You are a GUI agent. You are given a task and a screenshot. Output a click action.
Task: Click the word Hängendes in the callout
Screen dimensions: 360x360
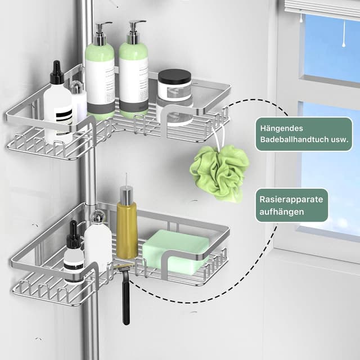point(281,128)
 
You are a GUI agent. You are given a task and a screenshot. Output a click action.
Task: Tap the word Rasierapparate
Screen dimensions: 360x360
point(291,199)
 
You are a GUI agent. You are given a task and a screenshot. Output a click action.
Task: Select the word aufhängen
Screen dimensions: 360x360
point(281,211)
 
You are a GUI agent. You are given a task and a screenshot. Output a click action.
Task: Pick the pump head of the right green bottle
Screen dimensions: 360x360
point(136,32)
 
